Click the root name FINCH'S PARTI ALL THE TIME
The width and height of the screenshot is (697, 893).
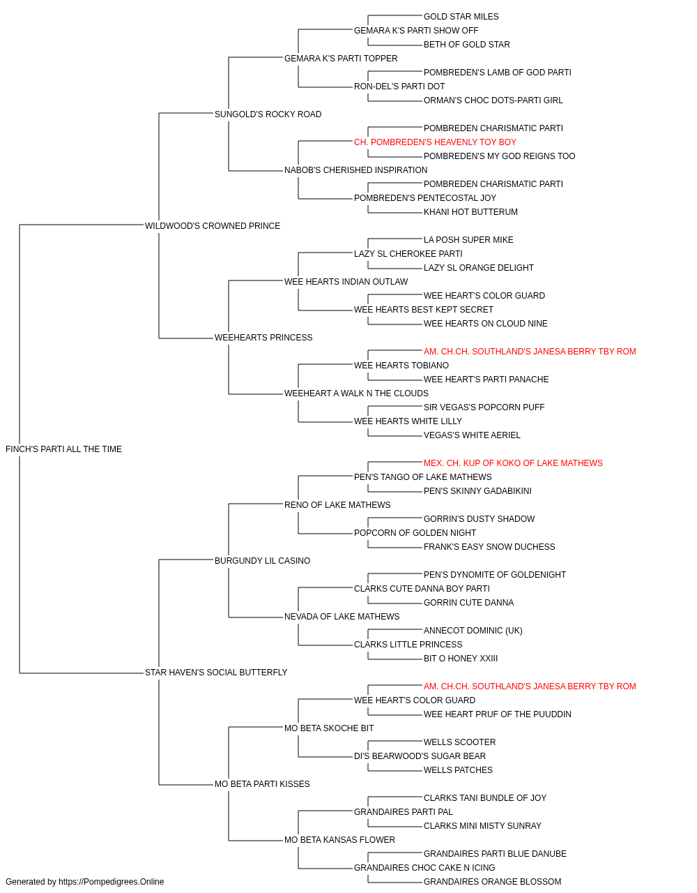click(63, 449)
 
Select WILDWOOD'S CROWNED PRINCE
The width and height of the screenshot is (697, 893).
click(212, 225)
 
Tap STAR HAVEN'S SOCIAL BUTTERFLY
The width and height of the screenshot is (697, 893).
click(216, 673)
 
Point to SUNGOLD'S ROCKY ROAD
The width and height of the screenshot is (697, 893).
click(268, 114)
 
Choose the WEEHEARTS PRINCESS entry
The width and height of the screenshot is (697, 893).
click(263, 338)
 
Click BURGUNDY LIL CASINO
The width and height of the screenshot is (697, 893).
click(262, 560)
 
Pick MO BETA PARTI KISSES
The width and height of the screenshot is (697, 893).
click(262, 783)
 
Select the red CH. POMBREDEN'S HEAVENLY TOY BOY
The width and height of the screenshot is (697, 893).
click(435, 142)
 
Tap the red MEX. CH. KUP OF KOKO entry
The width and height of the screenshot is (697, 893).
click(513, 463)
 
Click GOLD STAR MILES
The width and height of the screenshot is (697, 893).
click(461, 17)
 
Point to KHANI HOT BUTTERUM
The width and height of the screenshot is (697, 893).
click(470, 212)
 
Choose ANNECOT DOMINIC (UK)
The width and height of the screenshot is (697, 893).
click(473, 631)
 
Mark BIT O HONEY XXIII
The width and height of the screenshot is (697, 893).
click(461, 659)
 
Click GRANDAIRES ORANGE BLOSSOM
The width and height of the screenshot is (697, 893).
click(492, 882)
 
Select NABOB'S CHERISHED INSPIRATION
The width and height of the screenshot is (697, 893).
click(355, 170)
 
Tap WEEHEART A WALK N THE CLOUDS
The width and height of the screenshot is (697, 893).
click(356, 393)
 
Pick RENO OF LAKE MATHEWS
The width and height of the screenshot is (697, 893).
click(337, 505)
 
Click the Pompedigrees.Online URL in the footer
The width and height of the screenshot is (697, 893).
click(111, 882)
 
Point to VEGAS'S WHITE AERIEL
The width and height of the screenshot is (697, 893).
click(472, 435)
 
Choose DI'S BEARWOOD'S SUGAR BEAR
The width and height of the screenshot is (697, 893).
click(420, 756)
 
